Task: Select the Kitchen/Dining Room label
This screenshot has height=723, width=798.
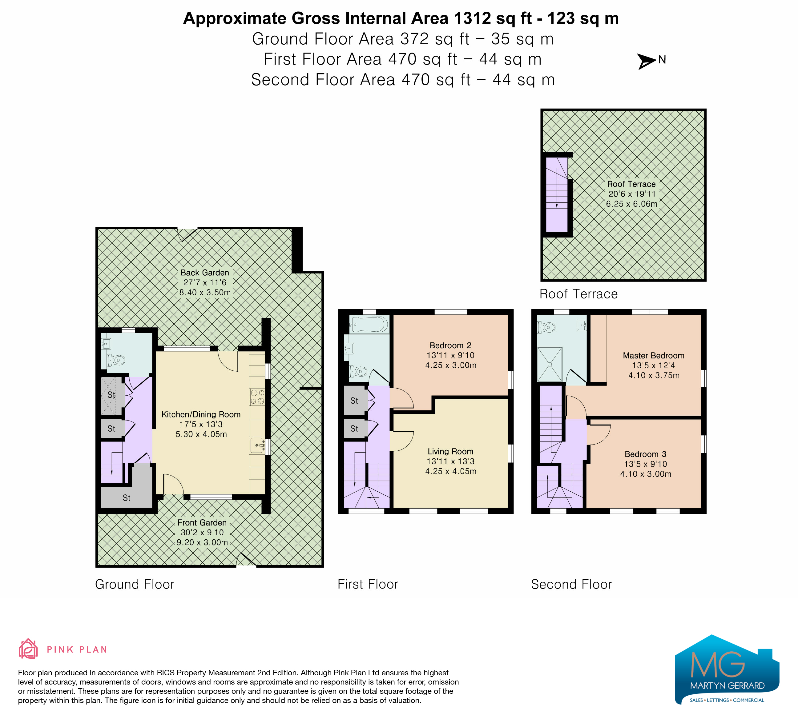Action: tap(201, 414)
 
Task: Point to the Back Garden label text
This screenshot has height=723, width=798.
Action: tap(205, 273)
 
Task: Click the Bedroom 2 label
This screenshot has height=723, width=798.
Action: tap(450, 345)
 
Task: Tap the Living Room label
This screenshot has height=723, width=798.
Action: tap(450, 451)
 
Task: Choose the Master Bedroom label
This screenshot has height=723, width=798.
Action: tap(654, 356)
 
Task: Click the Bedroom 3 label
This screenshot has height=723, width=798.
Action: tap(646, 454)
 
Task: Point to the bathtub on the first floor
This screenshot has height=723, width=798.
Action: tap(369, 325)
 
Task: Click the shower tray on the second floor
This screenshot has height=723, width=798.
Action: tap(550, 364)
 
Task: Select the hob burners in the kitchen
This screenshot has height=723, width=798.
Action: tap(257, 397)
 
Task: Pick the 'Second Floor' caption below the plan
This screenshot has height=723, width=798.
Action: tap(571, 584)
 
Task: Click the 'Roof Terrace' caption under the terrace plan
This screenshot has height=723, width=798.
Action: tap(578, 294)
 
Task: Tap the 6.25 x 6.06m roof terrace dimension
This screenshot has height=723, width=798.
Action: tap(631, 204)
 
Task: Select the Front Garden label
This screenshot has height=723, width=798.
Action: tap(202, 522)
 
